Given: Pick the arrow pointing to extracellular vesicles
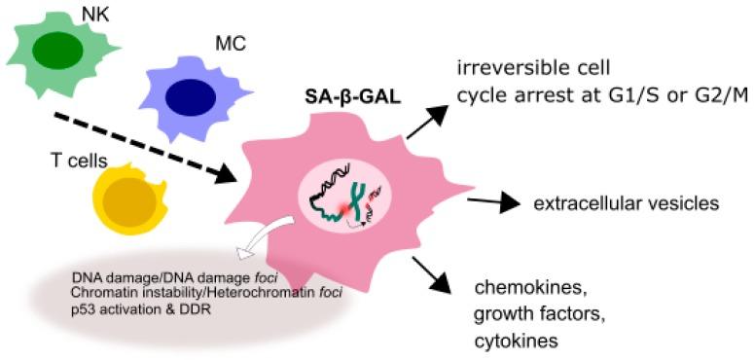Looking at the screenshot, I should [490, 203].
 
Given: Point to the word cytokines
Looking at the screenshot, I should [513, 342].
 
